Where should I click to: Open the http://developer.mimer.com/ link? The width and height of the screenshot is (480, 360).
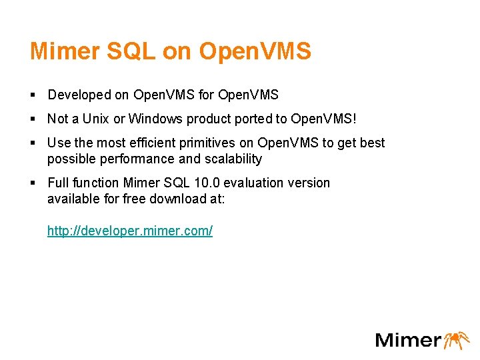click(130, 231)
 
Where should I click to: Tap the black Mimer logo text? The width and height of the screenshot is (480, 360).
click(407, 340)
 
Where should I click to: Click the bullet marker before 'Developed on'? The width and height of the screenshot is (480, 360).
click(33, 96)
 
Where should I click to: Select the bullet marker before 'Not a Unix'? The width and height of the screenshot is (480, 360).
click(33, 120)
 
